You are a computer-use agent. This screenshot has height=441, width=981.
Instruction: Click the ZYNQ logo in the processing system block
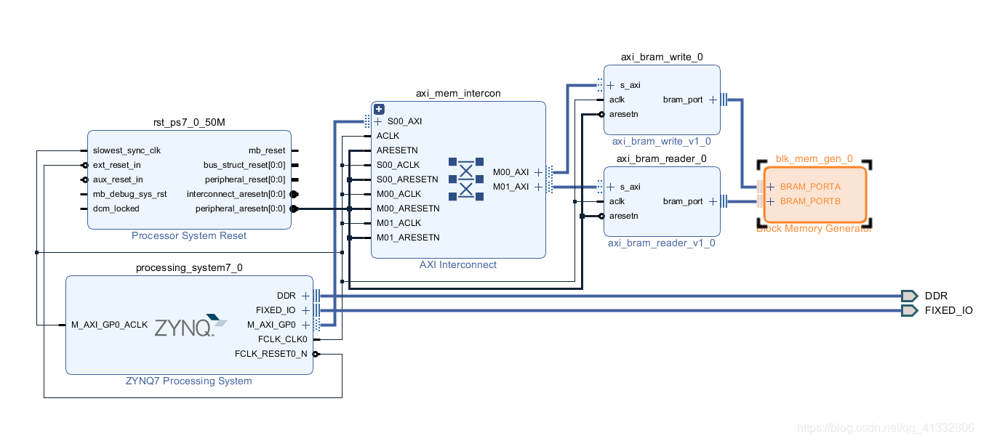tap(191, 325)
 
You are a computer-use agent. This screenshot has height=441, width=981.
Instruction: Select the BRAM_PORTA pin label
tap(810, 187)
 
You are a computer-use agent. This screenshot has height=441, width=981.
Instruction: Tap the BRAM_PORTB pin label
tap(810, 201)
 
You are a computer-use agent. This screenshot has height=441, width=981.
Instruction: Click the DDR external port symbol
tap(909, 296)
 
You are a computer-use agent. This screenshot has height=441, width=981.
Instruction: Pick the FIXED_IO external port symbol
tap(909, 311)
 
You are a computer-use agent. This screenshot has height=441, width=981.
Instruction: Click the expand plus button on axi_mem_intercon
tap(380, 110)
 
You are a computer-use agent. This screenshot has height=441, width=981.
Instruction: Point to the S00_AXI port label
tap(404, 121)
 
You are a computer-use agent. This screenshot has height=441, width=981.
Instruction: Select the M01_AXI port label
tap(510, 187)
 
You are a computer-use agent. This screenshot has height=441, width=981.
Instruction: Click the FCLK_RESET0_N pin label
tap(271, 354)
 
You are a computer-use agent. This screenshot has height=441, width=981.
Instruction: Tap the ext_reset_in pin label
tap(117, 165)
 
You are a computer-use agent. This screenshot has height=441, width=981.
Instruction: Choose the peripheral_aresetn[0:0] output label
tap(241, 209)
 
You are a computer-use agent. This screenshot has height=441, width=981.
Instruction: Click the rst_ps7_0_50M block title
tap(189, 123)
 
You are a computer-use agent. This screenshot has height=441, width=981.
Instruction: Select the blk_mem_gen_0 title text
tap(814, 159)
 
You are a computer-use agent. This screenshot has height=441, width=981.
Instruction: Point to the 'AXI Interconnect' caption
tap(458, 264)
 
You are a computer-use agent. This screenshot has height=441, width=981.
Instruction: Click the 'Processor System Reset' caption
tap(189, 236)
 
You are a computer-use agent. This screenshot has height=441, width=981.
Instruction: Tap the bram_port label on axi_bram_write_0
tap(683, 100)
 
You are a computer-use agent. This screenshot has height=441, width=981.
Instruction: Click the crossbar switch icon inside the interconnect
tap(466, 179)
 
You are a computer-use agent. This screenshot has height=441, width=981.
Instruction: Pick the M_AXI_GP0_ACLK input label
tap(110, 325)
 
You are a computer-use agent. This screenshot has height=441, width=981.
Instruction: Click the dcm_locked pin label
tap(116, 209)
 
